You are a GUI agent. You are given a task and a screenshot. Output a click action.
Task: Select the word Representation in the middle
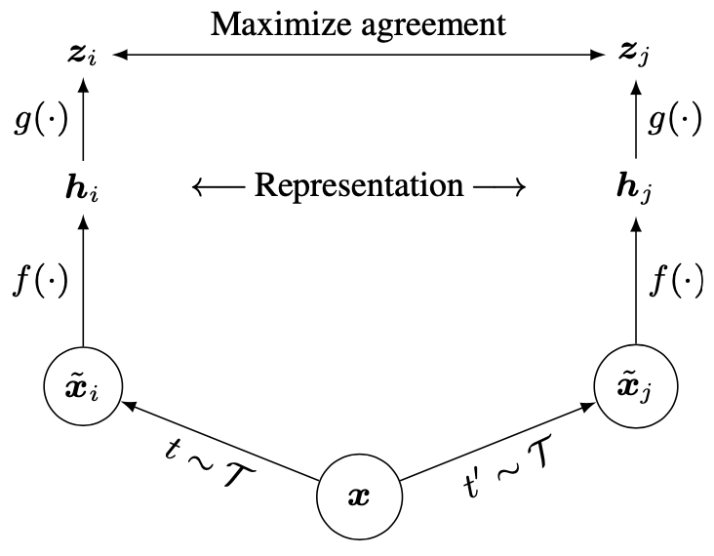359,184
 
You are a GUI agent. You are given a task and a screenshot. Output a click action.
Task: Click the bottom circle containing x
359,496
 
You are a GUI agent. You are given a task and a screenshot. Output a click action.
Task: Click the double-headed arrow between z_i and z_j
359,57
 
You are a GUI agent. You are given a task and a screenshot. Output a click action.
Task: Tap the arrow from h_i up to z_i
83,121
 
